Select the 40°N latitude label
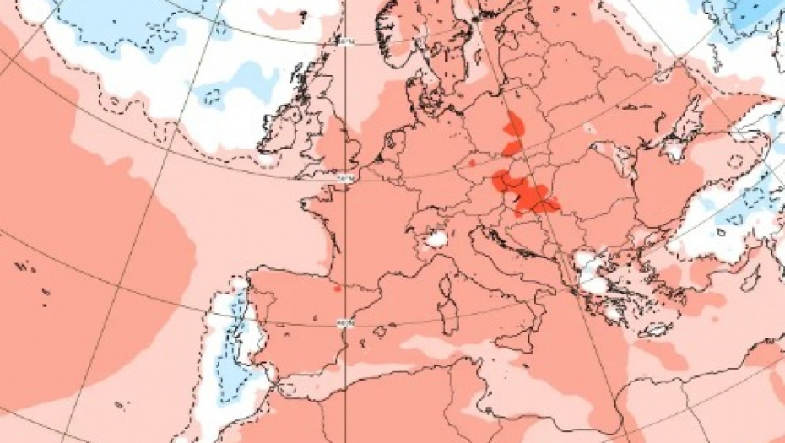(x=344, y=321)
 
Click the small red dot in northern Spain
(x=337, y=289)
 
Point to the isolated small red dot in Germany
(x=473, y=163)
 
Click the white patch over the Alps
(x=436, y=240)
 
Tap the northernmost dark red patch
(x=514, y=127)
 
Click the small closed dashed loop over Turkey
(x=735, y=161)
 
